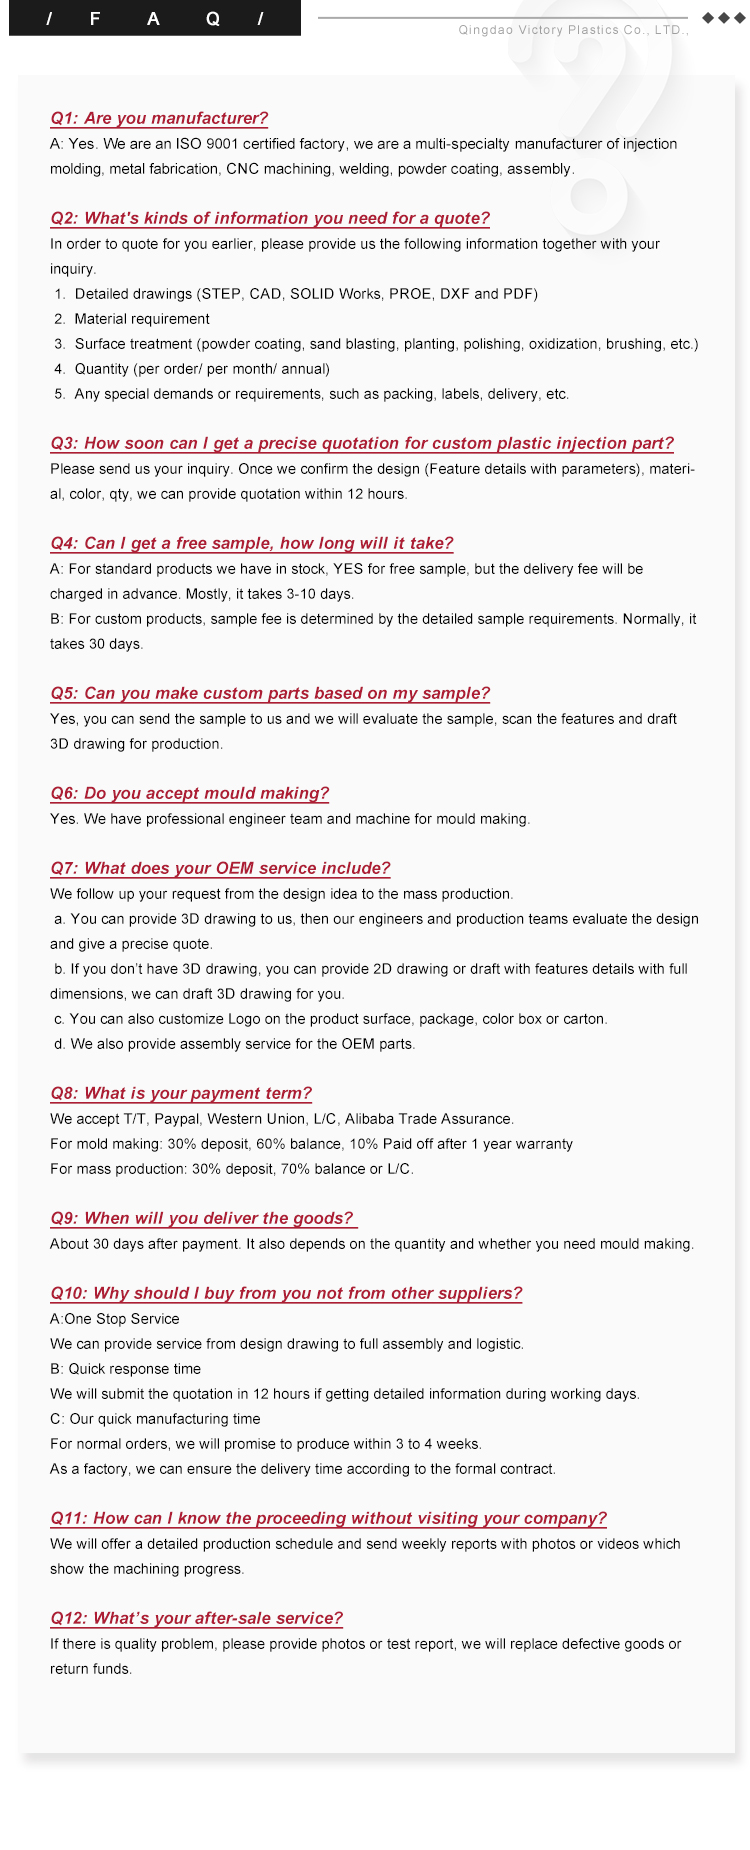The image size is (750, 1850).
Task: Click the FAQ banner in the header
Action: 154,18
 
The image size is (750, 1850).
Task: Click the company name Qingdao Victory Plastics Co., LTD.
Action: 573,30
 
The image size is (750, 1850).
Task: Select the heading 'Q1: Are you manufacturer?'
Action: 159,118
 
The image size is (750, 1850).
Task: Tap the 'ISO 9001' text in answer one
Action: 207,144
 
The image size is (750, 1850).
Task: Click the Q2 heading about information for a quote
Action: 270,218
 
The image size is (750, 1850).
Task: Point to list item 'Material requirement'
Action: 142,319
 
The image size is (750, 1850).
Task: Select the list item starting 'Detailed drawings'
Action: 306,294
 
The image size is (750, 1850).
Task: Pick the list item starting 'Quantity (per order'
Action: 202,369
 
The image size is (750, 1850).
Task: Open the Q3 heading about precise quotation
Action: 362,443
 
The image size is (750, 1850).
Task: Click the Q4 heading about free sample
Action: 252,543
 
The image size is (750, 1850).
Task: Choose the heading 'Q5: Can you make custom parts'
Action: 270,693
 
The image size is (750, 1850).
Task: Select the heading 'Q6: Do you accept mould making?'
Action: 190,793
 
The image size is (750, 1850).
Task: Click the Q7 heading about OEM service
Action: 220,868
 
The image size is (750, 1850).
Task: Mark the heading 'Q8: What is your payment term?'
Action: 181,1093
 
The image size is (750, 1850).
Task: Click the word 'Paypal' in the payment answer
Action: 176,1119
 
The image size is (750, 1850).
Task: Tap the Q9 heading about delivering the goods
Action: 202,1218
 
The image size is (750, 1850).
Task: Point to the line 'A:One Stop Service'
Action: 115,1319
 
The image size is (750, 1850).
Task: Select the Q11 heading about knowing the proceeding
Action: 328,1518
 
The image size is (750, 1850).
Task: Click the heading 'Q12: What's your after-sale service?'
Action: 196,1618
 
